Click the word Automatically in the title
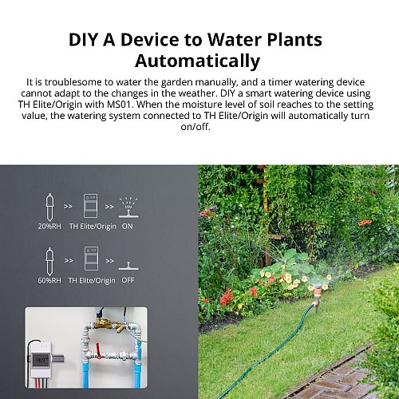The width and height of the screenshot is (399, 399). pos(198,61)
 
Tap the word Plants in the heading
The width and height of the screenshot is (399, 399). pos(289,39)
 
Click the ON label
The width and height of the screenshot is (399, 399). pos(128,226)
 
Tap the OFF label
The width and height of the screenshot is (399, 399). pos(128,280)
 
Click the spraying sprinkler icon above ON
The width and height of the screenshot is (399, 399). pos(128,205)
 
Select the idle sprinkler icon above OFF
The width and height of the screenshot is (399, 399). pos(128,263)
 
